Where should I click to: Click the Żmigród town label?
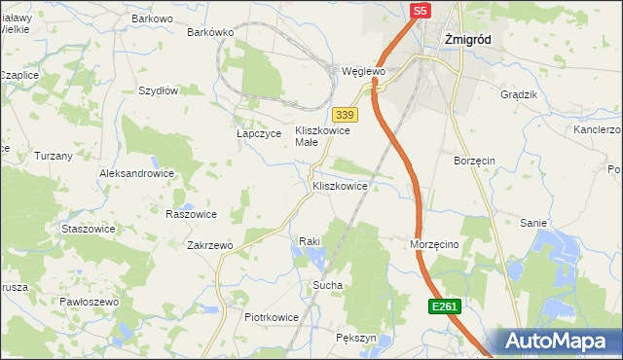[x=467, y=40]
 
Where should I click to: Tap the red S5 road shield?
[x=419, y=11]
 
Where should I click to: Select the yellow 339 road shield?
[x=342, y=114]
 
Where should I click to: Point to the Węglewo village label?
[x=364, y=71]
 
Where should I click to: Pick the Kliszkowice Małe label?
[x=321, y=135]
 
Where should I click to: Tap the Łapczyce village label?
[x=258, y=133]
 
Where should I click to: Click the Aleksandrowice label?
[x=136, y=173]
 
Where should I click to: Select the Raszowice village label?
[x=191, y=213]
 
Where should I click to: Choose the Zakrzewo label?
[x=209, y=245]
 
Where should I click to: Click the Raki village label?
[x=310, y=239]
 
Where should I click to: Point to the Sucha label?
[x=326, y=285]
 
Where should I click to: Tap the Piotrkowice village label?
[x=271, y=317]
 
